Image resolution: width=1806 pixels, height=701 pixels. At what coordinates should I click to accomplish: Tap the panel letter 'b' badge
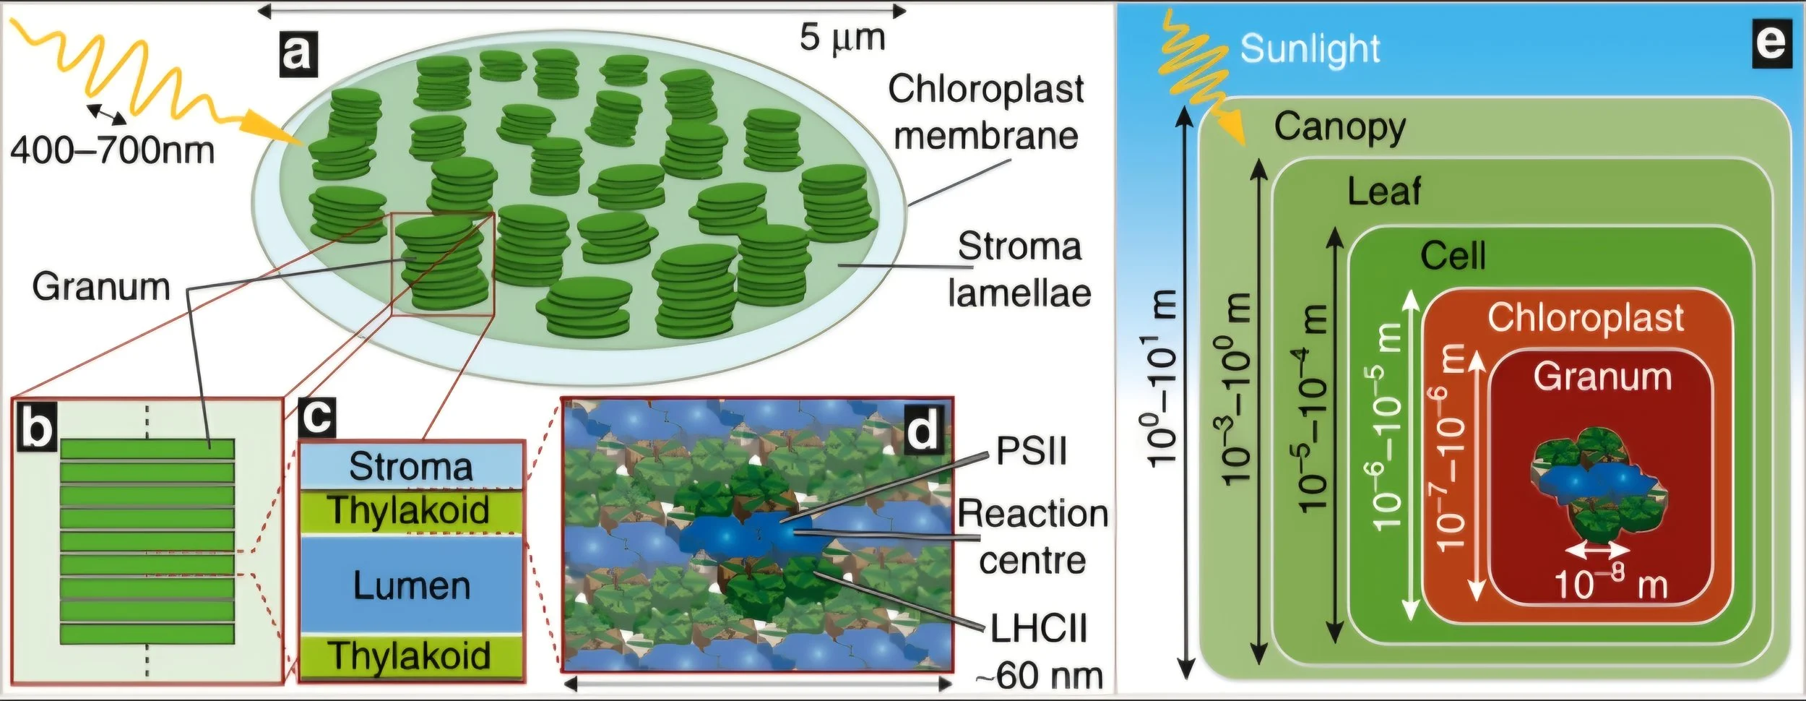coord(35,428)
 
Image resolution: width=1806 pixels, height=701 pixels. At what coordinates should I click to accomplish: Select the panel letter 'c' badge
coord(317,418)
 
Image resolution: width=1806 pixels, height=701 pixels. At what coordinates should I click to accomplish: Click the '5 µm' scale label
coord(842,37)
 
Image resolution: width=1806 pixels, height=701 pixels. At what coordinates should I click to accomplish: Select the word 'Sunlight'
coord(1310,48)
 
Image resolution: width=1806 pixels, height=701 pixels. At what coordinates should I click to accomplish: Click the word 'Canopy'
coord(1340,128)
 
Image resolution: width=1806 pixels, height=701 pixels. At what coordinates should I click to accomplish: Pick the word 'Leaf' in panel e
coord(1384,192)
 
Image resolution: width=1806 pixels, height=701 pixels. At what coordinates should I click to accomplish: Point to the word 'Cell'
coord(1453,257)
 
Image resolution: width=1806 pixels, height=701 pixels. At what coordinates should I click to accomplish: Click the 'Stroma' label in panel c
coord(410,466)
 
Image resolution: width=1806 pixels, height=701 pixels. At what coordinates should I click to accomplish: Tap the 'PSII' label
coord(1031,453)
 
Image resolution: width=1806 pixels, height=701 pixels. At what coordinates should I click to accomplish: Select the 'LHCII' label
coord(1038,629)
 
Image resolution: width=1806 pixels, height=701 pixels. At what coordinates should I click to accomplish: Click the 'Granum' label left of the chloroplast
coord(101,287)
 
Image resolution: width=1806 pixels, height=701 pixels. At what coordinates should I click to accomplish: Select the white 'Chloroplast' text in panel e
coord(1586,318)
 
